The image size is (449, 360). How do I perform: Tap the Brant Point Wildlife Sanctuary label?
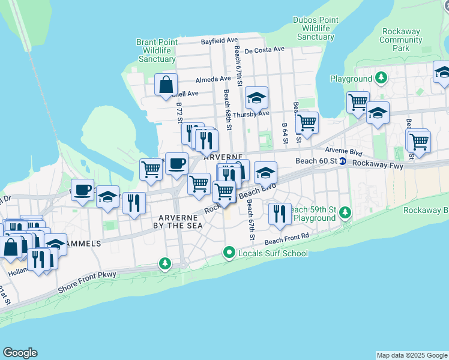click(157, 50)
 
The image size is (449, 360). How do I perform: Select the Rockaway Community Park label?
click(401, 40)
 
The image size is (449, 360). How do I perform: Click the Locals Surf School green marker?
click(229, 253)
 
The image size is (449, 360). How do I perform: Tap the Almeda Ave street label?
click(212, 79)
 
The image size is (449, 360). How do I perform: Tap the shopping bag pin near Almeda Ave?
click(166, 85)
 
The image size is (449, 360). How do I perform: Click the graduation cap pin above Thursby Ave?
click(256, 98)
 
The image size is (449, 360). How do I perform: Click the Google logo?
click(20, 353)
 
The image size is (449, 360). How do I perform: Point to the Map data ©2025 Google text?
click(411, 355)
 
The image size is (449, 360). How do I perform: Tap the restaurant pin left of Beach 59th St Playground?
click(279, 215)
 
